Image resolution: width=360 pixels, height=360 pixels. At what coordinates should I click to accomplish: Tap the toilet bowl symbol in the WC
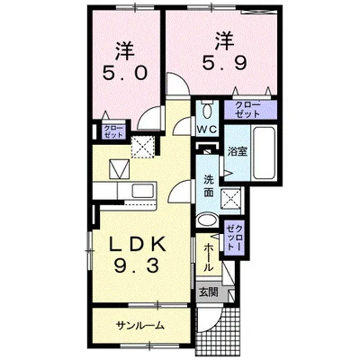coord(206,111)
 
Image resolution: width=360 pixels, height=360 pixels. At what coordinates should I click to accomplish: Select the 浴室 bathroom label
coord(238,152)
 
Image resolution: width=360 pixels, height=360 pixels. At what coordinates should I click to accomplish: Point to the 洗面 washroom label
coord(208,185)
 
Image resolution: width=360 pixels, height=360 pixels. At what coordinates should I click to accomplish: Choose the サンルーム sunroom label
coord(139,325)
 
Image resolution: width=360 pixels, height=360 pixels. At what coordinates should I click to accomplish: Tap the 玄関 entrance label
coord(208,292)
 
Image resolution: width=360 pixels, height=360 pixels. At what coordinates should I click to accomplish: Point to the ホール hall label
coord(208,249)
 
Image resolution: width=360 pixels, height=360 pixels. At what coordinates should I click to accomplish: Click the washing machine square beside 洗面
coord(232,200)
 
